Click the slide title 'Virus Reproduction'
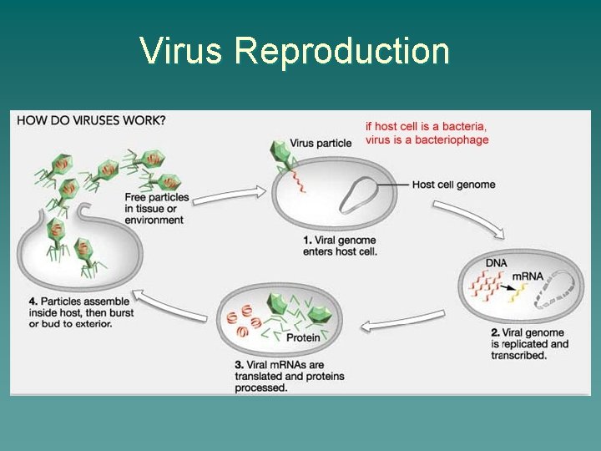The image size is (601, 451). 295,51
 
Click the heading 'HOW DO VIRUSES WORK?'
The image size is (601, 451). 91,119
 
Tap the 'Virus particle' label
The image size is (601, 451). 321,143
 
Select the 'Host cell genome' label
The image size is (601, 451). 453,185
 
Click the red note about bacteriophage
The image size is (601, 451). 427,133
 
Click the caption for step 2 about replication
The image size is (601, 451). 529,344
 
